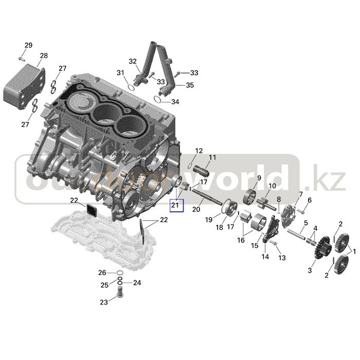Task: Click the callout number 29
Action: point(28,45)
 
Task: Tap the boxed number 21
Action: point(176,206)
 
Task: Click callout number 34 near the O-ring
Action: point(175,102)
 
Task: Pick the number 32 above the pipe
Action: point(133,61)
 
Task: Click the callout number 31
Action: point(120,72)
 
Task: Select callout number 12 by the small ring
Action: point(199,151)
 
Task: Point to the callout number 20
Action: point(195,209)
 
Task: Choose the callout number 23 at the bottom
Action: point(104,302)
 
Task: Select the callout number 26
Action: point(103,273)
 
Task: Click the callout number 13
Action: point(281,257)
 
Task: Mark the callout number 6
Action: point(309,200)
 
